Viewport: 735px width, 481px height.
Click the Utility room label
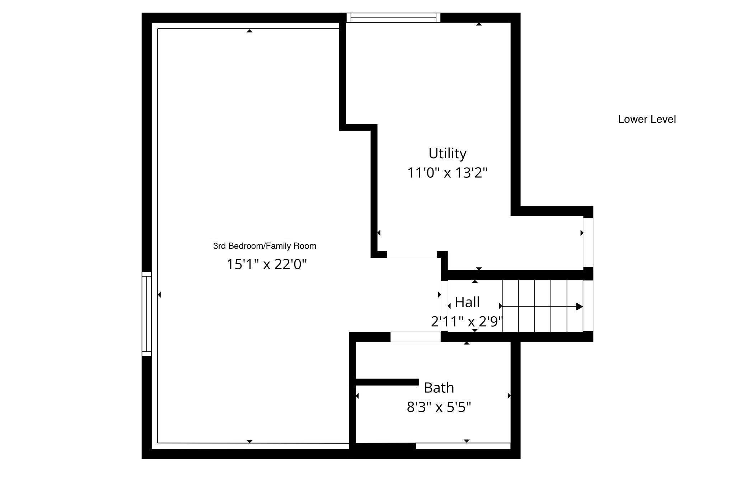coord(447,154)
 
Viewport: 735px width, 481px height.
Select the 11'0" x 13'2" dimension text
coord(447,173)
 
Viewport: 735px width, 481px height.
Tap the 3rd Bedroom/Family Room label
coord(264,246)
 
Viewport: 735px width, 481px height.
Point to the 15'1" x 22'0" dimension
coord(267,265)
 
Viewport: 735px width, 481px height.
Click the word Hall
coord(467,302)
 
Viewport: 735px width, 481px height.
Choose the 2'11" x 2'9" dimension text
coord(467,322)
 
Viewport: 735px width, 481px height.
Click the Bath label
coord(439,388)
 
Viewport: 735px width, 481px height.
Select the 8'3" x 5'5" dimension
coord(439,407)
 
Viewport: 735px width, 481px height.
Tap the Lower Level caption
coord(647,119)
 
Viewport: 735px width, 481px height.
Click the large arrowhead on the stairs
coord(579,307)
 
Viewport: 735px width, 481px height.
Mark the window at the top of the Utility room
coord(393,18)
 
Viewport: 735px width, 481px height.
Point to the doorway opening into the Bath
coord(415,337)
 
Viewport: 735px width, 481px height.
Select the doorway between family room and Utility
coord(412,254)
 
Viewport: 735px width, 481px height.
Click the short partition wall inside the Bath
coord(387,382)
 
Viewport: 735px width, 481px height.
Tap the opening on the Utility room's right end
coord(588,243)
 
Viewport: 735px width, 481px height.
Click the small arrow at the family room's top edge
coord(249,31)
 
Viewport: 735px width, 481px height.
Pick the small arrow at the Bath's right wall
coord(509,396)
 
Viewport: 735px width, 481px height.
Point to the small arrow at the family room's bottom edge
coord(249,441)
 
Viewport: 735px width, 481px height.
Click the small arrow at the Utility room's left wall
coord(379,233)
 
